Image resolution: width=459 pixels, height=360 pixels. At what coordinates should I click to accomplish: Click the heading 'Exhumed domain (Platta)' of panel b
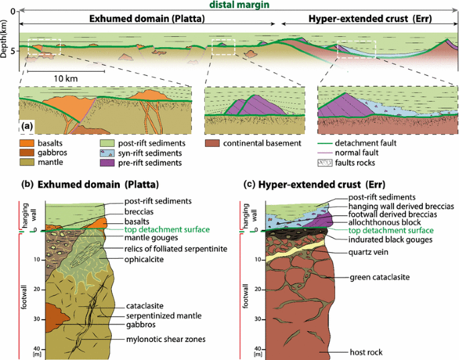(100, 184)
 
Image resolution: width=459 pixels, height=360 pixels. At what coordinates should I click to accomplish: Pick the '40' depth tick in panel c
(258, 349)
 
